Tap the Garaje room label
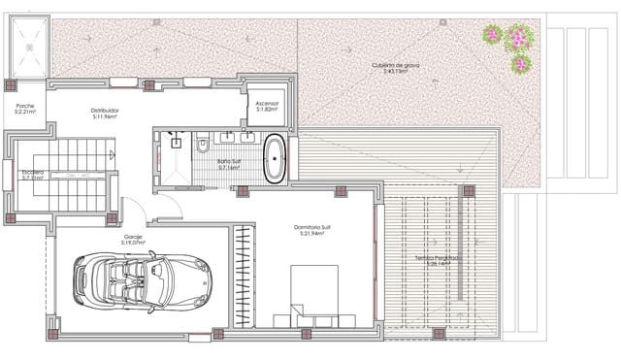click(x=133, y=235)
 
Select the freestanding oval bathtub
click(x=276, y=159)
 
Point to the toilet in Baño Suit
click(x=203, y=147)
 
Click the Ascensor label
click(x=267, y=103)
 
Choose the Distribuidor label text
click(x=104, y=111)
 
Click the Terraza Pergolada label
click(x=435, y=257)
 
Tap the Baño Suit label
click(x=229, y=161)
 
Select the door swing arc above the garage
click(x=167, y=206)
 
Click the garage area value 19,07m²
click(x=133, y=242)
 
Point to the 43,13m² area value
click(x=395, y=72)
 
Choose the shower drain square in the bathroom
click(x=177, y=143)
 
